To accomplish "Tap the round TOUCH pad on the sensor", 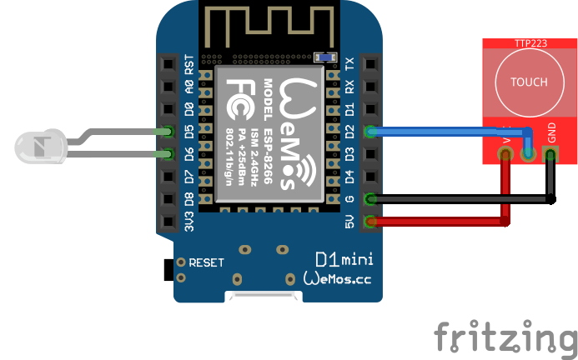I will click(529, 82).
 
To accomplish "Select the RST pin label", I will click(189, 64).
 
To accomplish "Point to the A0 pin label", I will click(189, 86).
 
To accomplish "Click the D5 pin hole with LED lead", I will click(169, 131).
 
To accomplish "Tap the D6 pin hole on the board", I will click(169, 153).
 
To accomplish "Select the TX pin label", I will click(350, 64).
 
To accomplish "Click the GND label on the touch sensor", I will click(551, 132).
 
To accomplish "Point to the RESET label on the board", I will click(206, 262).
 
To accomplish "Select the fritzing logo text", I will click(505, 337).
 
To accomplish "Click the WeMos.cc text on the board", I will click(337, 279).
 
